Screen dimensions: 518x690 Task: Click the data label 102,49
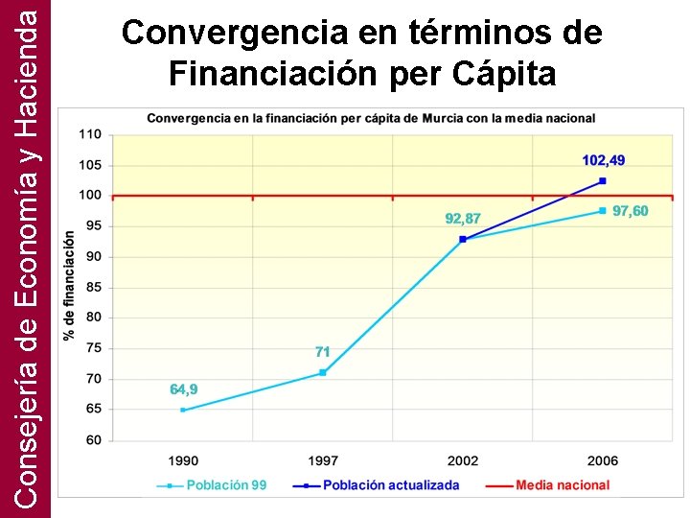604,160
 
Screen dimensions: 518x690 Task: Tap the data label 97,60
630,211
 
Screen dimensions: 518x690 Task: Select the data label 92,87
463,219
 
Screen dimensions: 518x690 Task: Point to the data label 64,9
184,389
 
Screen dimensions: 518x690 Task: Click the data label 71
323,352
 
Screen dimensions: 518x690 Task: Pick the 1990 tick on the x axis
183,461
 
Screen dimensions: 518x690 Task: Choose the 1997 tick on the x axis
323,461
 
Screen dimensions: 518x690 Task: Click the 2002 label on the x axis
463,461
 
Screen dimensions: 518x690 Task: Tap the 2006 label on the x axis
603,461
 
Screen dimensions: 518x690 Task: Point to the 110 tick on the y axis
89,134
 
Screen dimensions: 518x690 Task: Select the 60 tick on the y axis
93,440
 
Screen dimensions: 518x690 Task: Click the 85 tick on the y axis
93,287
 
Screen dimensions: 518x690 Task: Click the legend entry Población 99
226,485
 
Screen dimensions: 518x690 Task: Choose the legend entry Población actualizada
391,485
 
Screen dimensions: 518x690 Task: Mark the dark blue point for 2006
603,180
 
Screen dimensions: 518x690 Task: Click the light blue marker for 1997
323,372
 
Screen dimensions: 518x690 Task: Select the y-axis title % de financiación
69,286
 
